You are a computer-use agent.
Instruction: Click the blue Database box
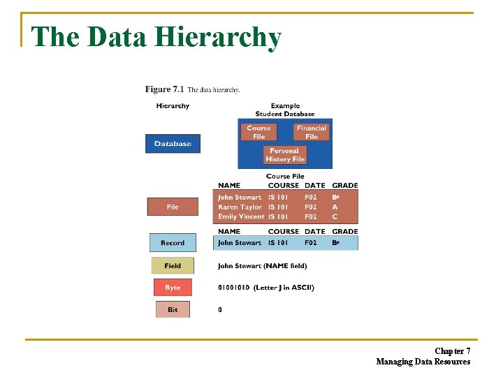pos(173,144)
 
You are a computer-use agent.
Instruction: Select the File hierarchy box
pos(173,207)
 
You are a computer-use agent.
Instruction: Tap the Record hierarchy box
pos(173,243)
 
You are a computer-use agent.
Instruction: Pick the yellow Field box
pos(173,266)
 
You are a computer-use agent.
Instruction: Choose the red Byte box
pos(173,288)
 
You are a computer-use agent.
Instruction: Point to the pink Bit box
pos(173,309)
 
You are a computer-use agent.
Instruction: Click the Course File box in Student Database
pos(258,132)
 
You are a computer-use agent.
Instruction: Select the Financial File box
pos(311,132)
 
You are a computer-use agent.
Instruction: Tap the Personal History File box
pos(285,155)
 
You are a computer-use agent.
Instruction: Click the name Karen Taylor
pos(240,207)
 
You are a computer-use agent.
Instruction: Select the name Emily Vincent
pos(241,216)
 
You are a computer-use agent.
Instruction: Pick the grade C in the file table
pos(335,216)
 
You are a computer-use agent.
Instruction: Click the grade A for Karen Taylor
pos(335,207)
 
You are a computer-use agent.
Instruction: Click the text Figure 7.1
pos(164,89)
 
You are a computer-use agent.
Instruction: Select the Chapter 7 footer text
pos(452,350)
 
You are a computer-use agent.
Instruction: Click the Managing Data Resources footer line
pos(423,362)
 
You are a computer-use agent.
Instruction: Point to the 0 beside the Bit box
pos(220,309)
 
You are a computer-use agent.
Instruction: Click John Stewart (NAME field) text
pos(262,266)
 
